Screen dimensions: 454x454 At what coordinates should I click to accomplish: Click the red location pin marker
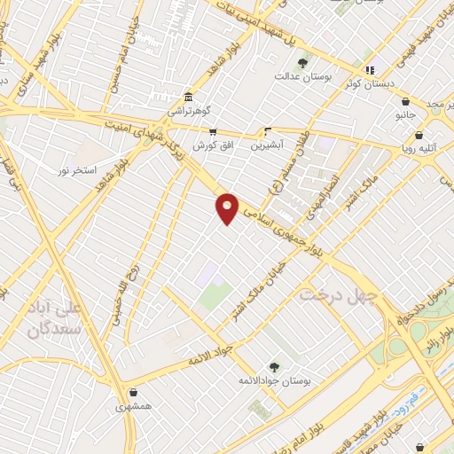228,207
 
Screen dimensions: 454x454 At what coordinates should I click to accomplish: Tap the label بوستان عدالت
302,78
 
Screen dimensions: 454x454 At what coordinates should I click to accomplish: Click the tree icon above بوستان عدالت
302,63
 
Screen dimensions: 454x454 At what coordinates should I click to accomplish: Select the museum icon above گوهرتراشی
188,97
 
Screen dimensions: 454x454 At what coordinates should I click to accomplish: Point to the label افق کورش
213,144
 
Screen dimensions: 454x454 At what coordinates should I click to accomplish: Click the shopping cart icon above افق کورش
213,130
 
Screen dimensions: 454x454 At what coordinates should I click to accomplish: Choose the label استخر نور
77,168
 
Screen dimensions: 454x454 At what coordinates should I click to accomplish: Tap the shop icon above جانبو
405,100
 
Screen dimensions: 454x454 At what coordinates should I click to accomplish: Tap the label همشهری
134,407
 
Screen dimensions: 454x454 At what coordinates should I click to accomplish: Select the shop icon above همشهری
134,393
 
